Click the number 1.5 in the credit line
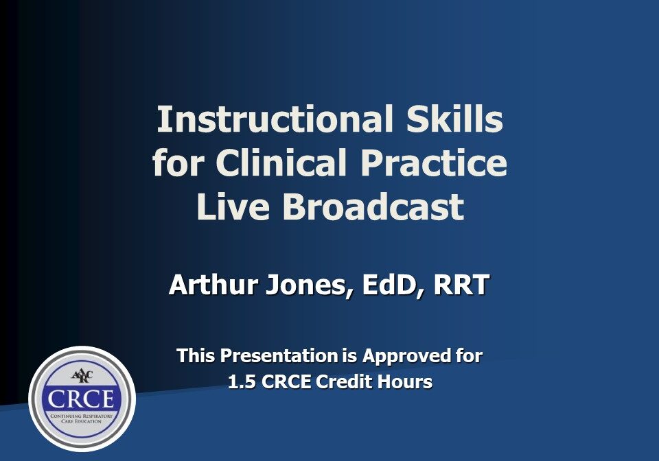(x=241, y=382)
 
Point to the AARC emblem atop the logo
(x=82, y=376)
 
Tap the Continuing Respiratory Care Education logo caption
(x=82, y=418)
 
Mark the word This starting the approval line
(x=196, y=355)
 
